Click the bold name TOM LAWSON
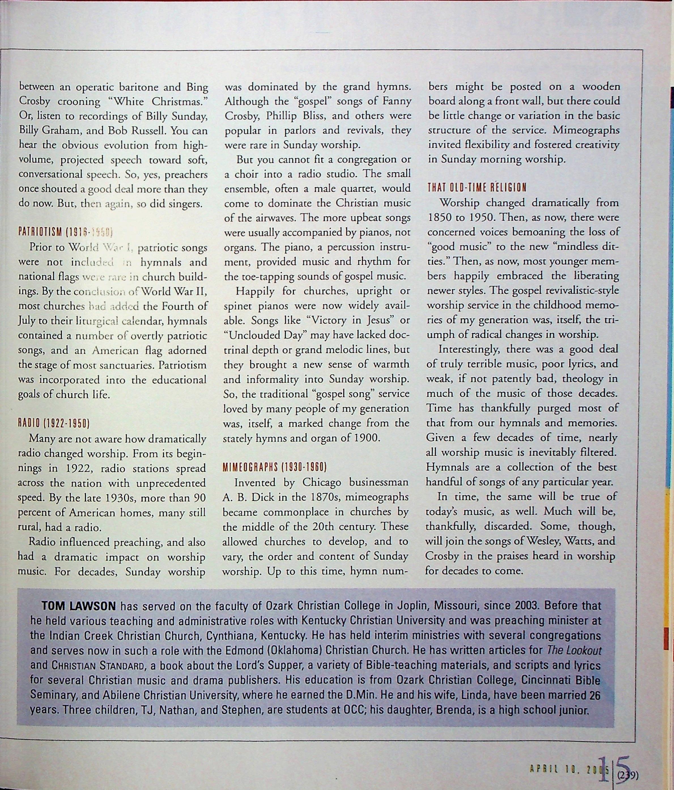(78, 606)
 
